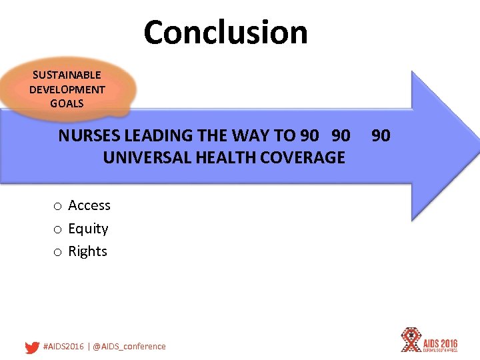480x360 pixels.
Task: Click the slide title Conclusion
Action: click(x=225, y=32)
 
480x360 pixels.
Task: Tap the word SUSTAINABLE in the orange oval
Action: click(x=67, y=75)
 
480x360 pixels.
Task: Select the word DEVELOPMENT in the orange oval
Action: click(x=67, y=89)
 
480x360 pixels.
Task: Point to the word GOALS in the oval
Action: click(x=67, y=103)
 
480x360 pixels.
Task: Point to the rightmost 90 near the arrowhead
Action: click(x=381, y=136)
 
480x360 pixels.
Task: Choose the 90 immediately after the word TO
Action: click(x=309, y=136)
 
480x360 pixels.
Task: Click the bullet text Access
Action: click(x=89, y=205)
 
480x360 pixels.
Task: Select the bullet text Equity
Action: click(x=88, y=229)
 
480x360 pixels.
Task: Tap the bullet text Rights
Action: click(x=87, y=251)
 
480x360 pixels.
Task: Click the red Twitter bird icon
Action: click(x=31, y=347)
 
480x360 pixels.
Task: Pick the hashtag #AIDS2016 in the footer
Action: click(x=63, y=347)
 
